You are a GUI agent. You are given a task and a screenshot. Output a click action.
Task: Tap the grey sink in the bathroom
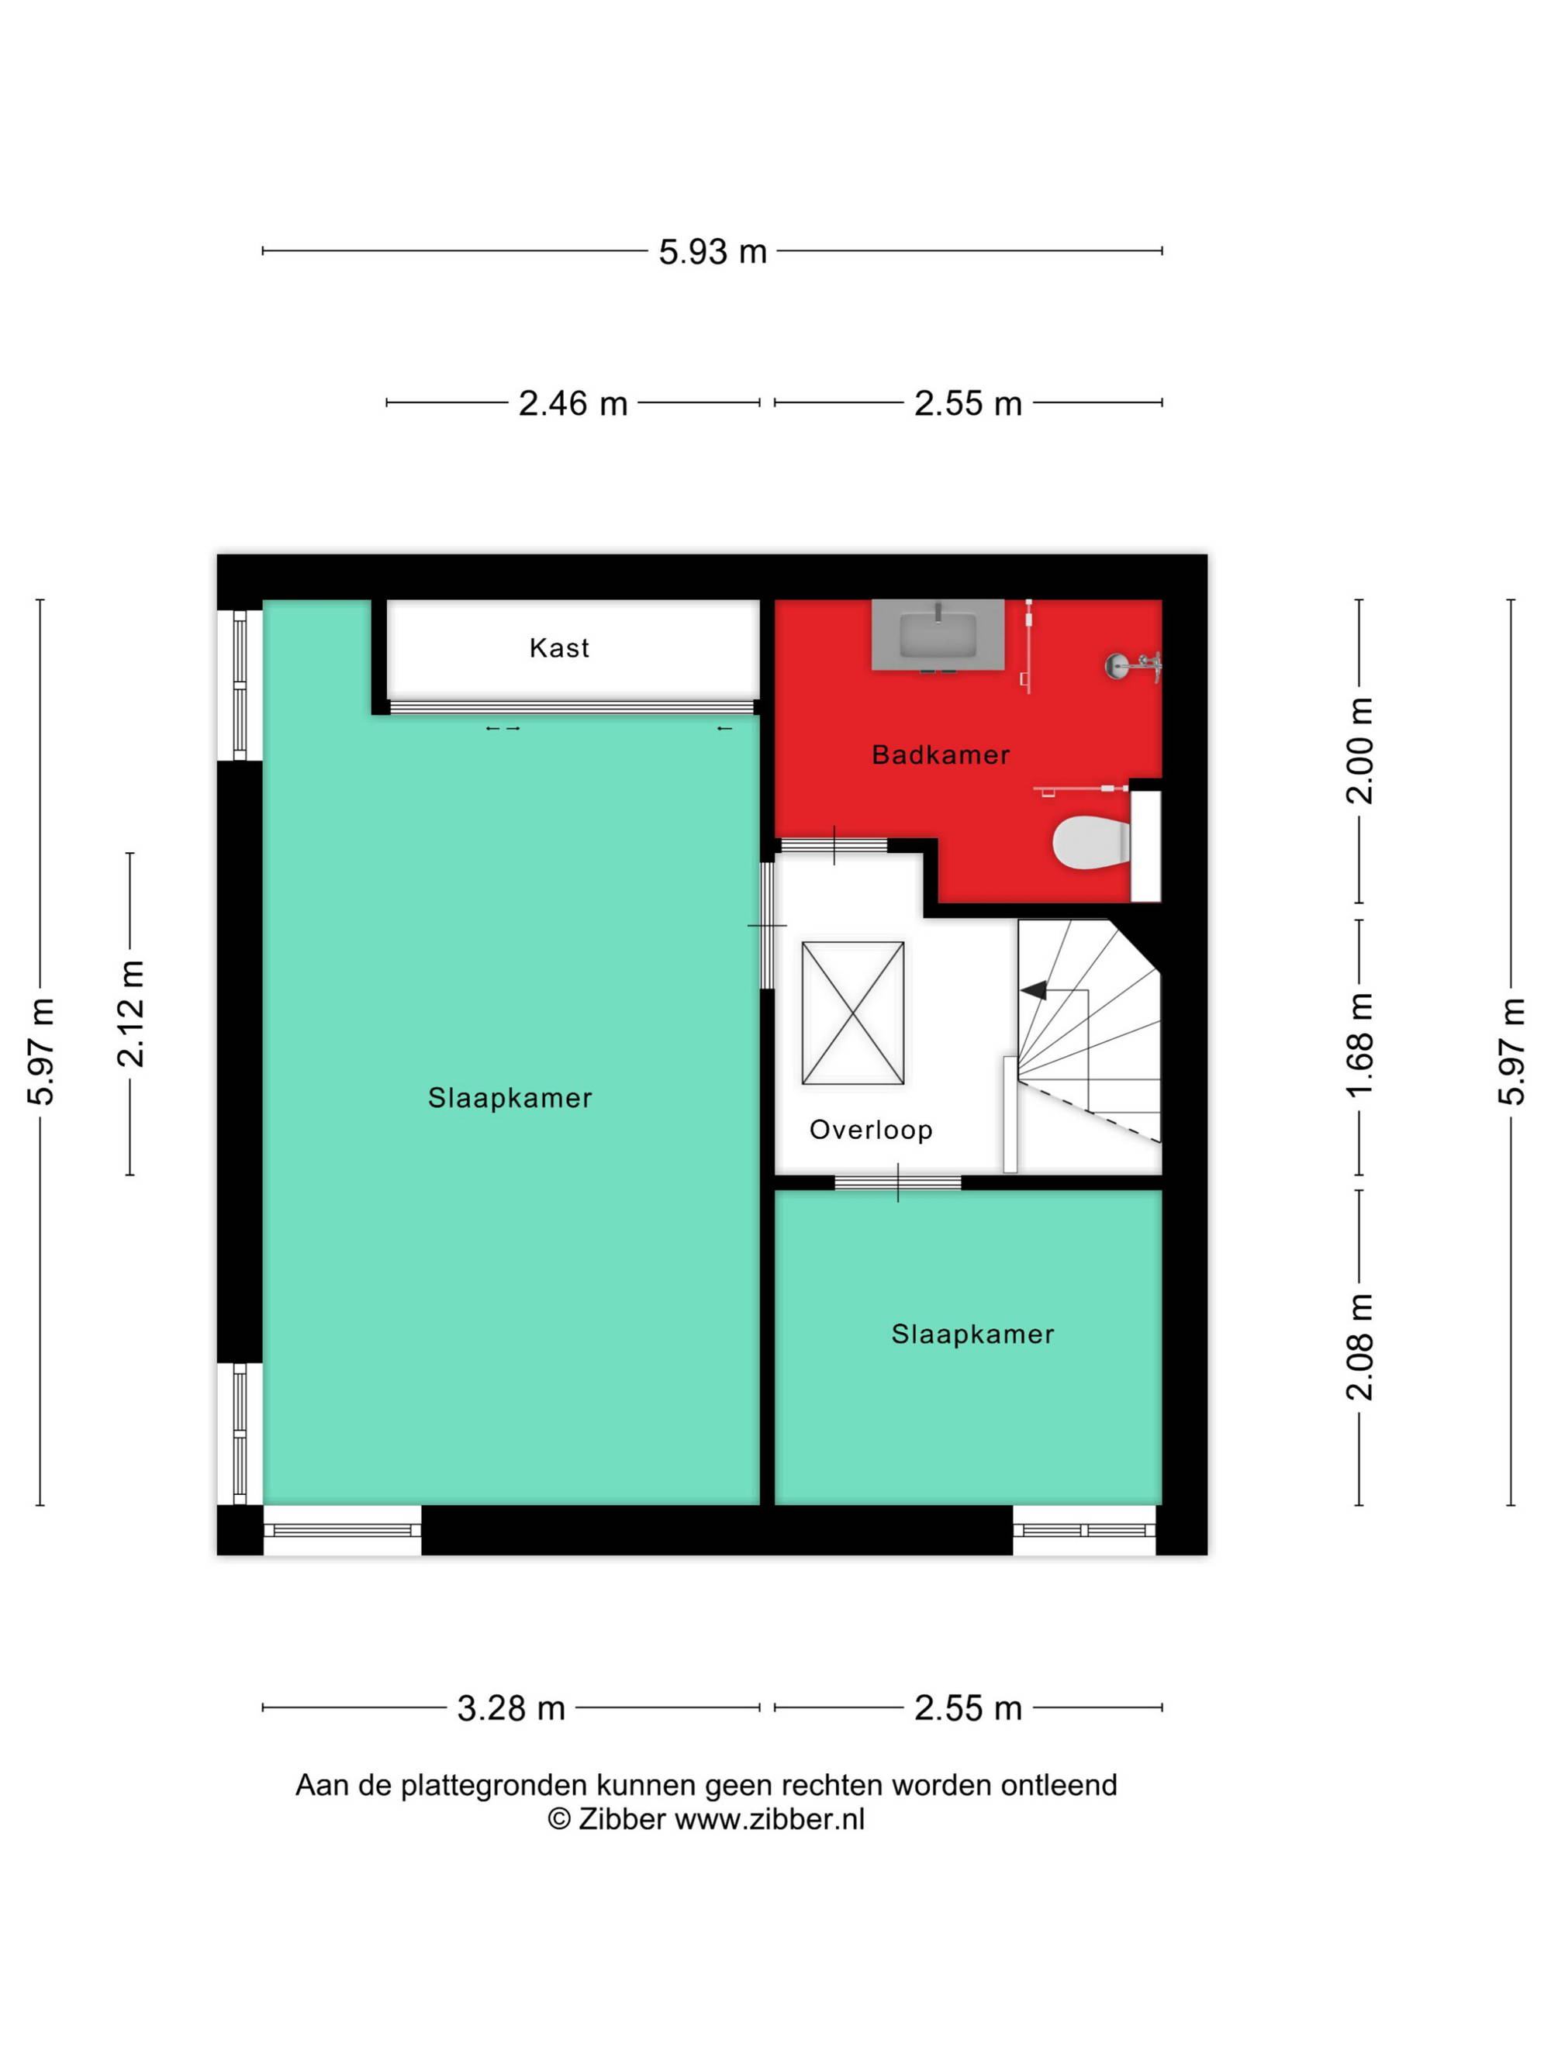(x=938, y=635)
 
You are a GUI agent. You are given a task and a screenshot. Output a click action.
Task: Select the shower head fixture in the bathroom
(x=1132, y=665)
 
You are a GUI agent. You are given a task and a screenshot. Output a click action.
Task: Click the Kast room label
(x=559, y=648)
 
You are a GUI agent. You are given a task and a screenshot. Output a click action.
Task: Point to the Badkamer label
(x=941, y=754)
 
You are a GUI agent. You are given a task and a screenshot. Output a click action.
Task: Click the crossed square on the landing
(x=852, y=1013)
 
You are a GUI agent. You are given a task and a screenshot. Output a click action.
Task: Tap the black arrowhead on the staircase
(x=1034, y=990)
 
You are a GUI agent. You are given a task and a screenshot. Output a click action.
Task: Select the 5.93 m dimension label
(x=713, y=251)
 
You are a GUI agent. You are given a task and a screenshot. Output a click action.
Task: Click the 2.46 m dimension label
(x=573, y=403)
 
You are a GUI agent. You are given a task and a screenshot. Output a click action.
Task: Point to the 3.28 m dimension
(x=511, y=1708)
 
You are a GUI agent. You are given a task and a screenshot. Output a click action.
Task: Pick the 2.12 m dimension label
(x=130, y=1013)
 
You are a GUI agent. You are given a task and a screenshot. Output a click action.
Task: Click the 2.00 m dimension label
(x=1359, y=750)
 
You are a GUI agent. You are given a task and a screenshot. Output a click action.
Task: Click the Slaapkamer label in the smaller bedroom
(x=972, y=1334)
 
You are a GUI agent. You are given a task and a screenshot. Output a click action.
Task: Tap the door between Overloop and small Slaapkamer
(x=897, y=1182)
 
